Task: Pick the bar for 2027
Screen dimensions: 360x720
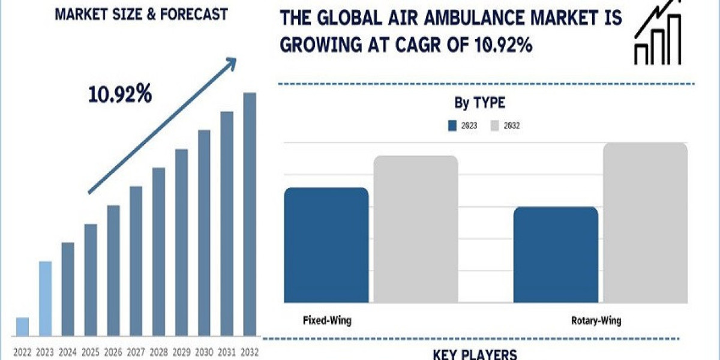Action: (136, 260)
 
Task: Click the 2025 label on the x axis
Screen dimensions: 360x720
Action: (91, 352)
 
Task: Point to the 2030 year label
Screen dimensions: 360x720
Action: (204, 352)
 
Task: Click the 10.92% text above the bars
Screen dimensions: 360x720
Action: (120, 94)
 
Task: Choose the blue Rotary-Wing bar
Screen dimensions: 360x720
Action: (556, 254)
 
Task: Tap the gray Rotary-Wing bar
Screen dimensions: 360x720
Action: (645, 222)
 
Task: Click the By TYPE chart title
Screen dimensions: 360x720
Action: (479, 103)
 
